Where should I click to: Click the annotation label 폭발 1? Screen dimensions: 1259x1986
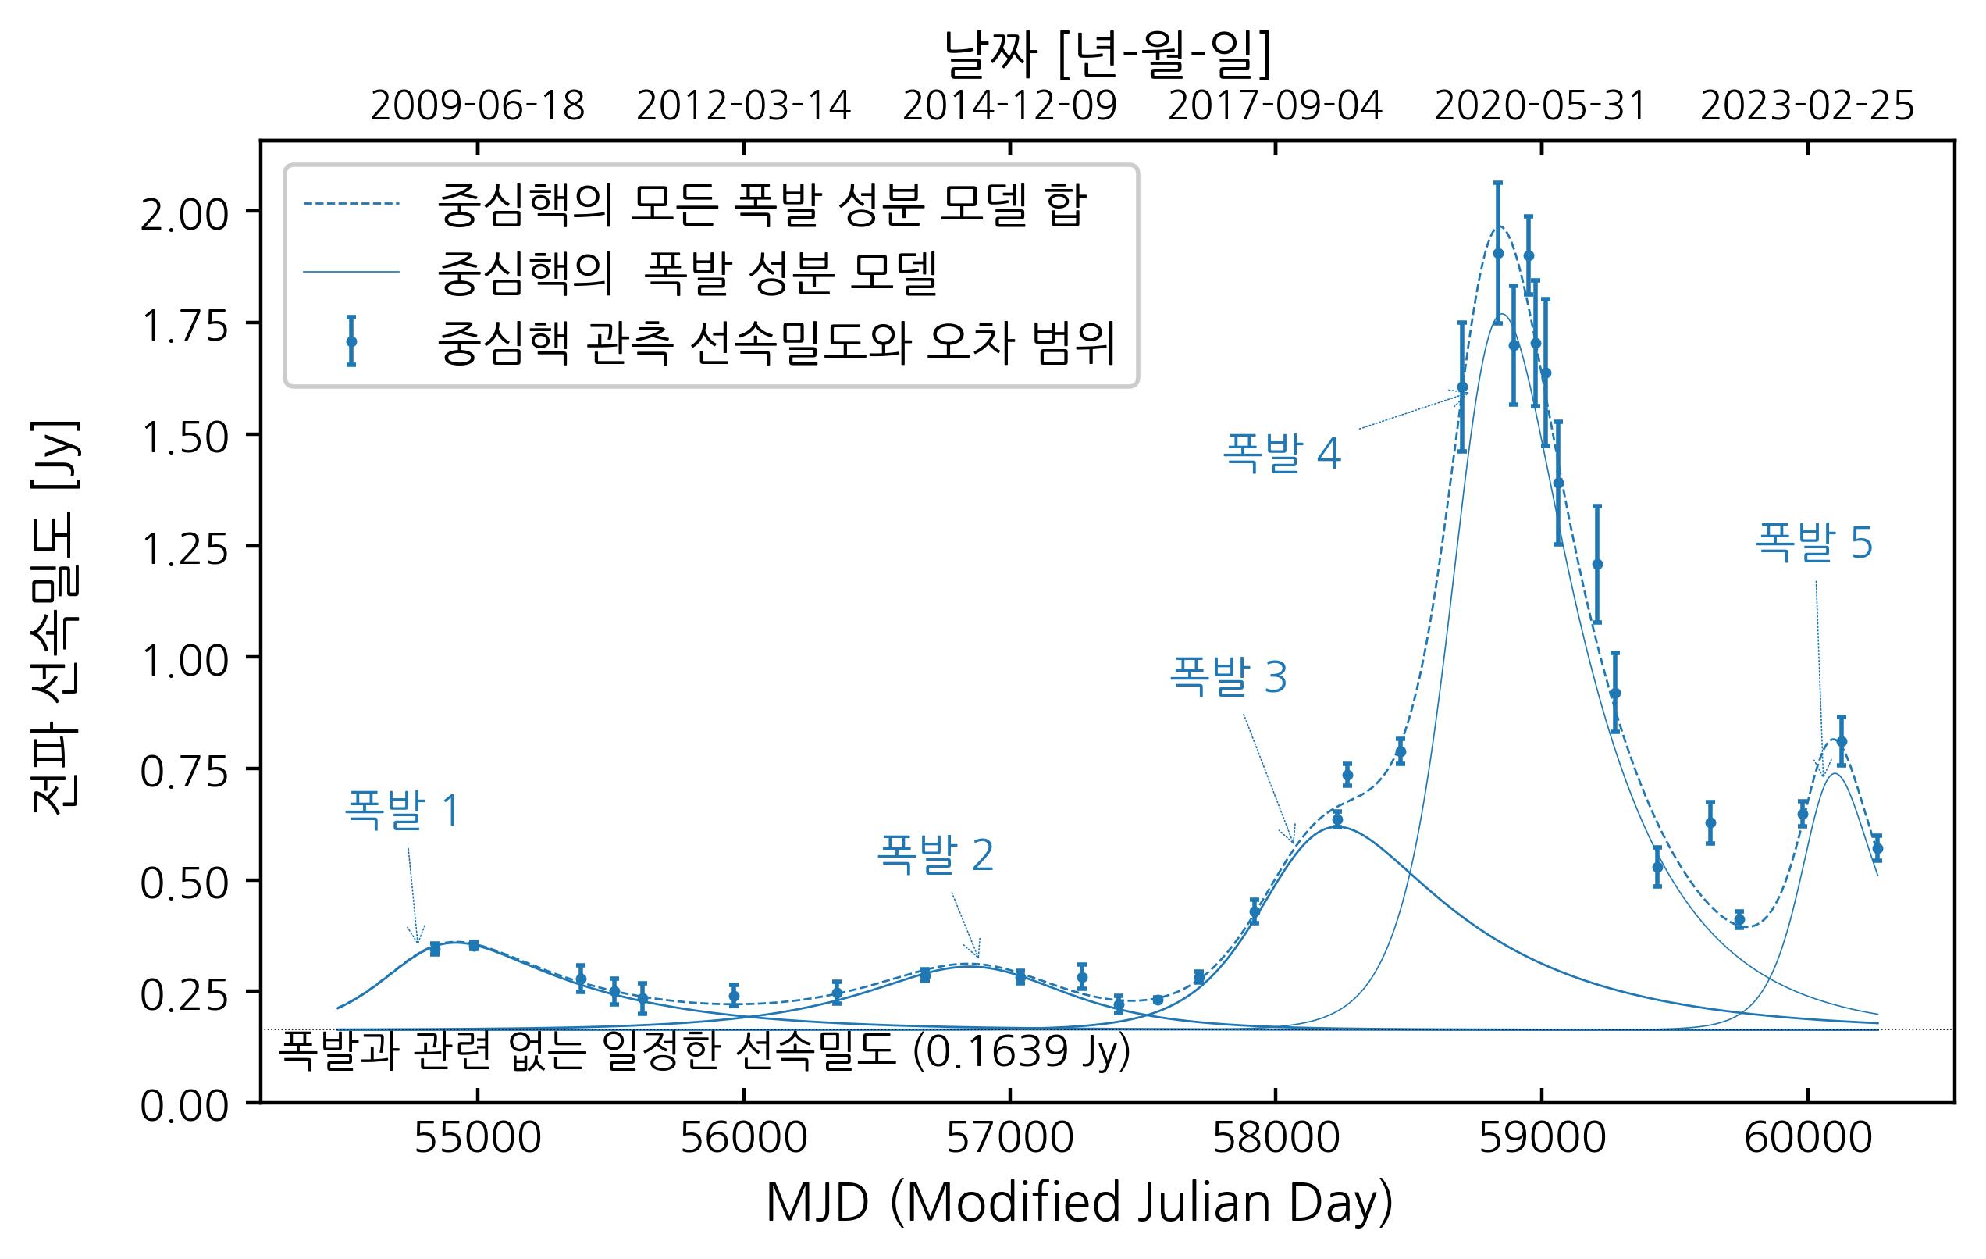[402, 809]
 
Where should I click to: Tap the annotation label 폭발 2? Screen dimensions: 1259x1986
[935, 854]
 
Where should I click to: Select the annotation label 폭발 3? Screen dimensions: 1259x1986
[1228, 676]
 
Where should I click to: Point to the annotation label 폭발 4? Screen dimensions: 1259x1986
[1282, 453]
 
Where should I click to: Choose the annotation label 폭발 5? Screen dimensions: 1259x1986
[1813, 543]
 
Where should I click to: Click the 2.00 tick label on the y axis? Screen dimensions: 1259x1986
[183, 216]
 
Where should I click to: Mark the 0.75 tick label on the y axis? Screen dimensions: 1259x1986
[183, 773]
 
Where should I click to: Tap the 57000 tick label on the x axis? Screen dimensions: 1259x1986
[1009, 1139]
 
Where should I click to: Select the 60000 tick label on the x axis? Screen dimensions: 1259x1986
[1808, 1139]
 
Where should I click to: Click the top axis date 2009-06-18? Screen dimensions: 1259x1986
[478, 107]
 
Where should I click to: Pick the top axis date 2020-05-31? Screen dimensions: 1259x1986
[1541, 107]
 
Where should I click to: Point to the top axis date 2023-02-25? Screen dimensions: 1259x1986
[1807, 107]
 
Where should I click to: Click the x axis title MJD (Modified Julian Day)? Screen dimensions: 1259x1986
[1079, 1203]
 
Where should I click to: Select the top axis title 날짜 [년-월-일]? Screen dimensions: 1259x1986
[1107, 55]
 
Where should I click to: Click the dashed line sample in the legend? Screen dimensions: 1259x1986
[351, 204]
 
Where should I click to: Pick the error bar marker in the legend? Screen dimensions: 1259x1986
[351, 341]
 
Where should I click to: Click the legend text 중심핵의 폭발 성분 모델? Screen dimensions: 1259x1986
[688, 273]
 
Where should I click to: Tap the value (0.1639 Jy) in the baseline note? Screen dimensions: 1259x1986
[1021, 1052]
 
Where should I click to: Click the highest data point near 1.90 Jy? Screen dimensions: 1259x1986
[1498, 253]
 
